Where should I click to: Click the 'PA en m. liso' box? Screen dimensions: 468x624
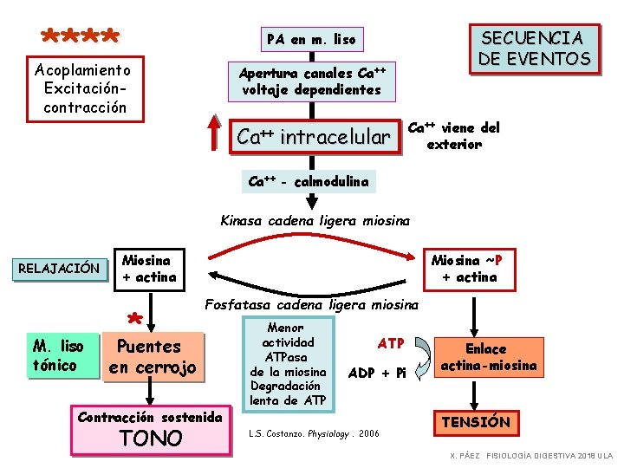pos(311,39)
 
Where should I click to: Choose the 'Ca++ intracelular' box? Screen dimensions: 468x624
pos(314,137)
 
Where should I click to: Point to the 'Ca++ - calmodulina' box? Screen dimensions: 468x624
pos(309,182)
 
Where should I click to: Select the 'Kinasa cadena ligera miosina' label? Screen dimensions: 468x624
pos(315,221)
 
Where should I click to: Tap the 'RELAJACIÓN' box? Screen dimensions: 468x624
pos(58,268)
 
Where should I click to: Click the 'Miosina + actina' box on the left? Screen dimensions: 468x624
pos(149,268)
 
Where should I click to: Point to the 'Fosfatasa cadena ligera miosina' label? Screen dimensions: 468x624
pos(311,305)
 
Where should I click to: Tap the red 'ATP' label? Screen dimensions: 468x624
pos(392,344)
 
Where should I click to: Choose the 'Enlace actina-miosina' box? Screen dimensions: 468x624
pos(486,357)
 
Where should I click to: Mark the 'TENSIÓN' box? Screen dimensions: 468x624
pos(477,422)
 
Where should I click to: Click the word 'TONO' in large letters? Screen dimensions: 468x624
pos(152,438)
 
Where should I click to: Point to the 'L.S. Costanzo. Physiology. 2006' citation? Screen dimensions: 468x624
pos(314,433)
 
